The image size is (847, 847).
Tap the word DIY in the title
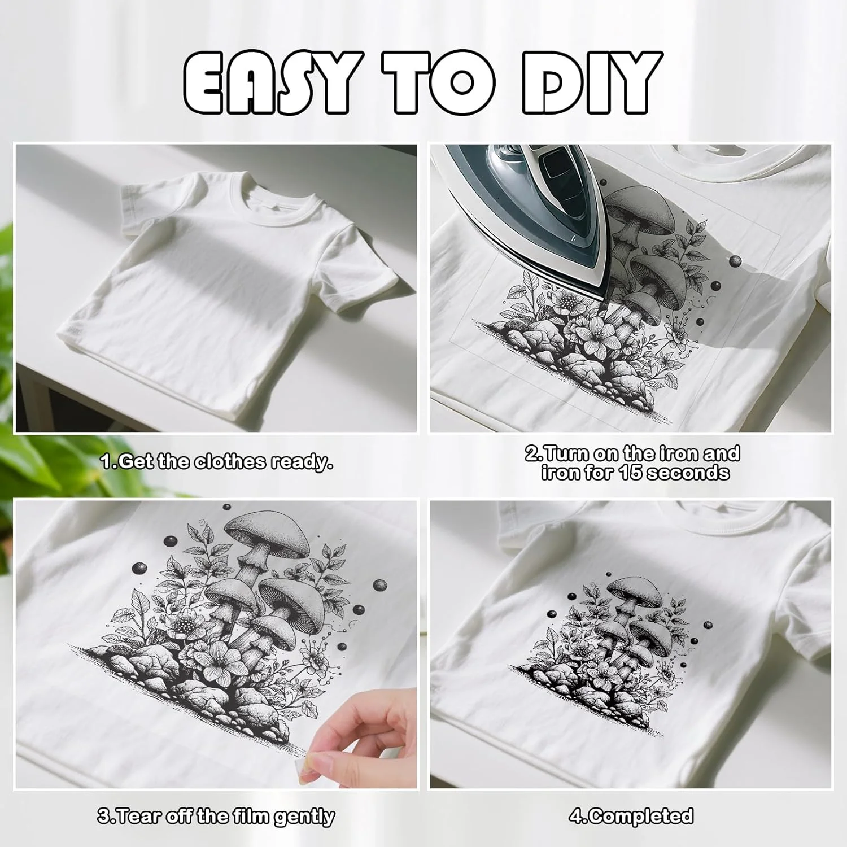pyautogui.click(x=592, y=82)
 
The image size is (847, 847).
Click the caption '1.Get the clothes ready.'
pyautogui.click(x=217, y=462)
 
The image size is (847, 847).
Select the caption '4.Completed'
pyautogui.click(x=631, y=816)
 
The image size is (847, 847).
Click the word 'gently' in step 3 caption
pyautogui.click(x=304, y=817)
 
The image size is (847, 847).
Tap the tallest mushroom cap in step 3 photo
pyautogui.click(x=267, y=533)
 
